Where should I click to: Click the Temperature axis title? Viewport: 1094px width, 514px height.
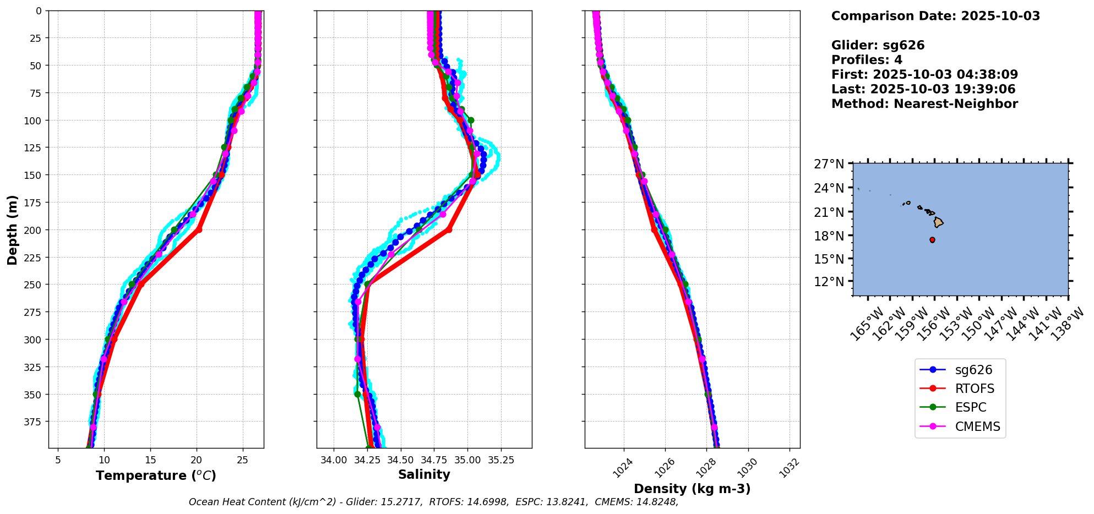click(156, 475)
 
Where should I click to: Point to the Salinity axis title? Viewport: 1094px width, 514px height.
click(424, 474)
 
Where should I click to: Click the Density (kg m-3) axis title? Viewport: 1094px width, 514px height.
click(692, 489)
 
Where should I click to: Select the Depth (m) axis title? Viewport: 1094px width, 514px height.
click(12, 229)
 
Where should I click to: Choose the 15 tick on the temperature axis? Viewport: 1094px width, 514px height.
click(150, 460)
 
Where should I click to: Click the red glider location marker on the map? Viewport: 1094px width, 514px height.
click(932, 240)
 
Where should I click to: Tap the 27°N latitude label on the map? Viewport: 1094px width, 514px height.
click(829, 164)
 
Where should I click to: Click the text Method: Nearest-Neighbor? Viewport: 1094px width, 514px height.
click(924, 104)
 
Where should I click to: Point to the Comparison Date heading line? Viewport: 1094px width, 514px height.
click(935, 16)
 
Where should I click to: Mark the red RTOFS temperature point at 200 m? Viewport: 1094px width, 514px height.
click(199, 229)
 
